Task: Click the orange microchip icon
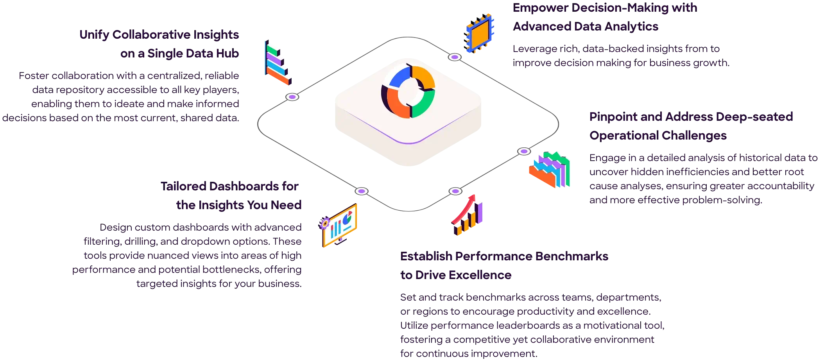(480, 32)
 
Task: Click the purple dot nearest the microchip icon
(454, 57)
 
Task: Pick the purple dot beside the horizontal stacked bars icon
(292, 97)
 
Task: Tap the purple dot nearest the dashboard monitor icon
(361, 191)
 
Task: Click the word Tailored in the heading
(183, 186)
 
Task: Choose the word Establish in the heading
(425, 257)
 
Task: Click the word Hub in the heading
(227, 54)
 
